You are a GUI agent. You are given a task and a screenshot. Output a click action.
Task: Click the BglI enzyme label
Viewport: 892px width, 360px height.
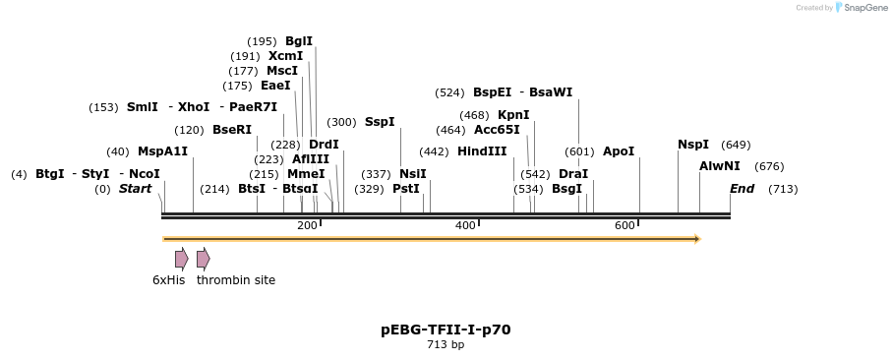pos(299,41)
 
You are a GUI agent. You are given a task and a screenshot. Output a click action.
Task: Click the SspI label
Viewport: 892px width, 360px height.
pos(380,122)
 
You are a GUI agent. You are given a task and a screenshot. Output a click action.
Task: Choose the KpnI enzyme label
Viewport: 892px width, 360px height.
pos(513,115)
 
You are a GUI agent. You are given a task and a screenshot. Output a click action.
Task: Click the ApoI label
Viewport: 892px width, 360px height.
pos(619,151)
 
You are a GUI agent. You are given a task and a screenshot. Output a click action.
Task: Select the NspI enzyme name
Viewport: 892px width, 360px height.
pos(693,145)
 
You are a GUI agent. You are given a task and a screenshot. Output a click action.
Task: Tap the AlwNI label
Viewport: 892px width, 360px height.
pos(720,166)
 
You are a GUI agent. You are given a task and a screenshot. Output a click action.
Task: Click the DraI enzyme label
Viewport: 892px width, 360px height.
pos(572,174)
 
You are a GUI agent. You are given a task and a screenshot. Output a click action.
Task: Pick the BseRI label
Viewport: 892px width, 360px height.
pos(232,130)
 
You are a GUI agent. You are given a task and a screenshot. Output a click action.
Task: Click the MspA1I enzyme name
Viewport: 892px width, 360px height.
pos(162,151)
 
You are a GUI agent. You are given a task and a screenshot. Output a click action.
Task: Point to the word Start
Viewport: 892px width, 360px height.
pos(136,189)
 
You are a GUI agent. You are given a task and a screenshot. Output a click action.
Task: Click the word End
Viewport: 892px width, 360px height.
pos(742,189)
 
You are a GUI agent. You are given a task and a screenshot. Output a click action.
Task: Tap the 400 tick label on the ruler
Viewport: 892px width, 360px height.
pos(465,226)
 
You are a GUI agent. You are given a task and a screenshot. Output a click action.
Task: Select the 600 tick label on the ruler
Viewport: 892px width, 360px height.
pos(624,226)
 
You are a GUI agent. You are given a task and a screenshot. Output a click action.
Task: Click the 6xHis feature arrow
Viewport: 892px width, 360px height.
pos(181,259)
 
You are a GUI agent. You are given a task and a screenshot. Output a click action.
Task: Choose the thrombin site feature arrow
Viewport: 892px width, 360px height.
pos(203,259)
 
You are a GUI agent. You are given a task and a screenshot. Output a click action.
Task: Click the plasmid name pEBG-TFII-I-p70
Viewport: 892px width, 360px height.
pos(446,330)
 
